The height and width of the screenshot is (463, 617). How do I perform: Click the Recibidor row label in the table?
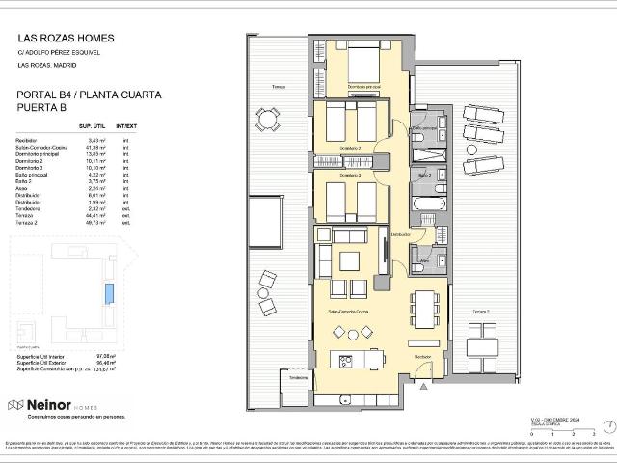[x=28, y=141]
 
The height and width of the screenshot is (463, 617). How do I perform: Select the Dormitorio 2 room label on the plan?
[x=351, y=147]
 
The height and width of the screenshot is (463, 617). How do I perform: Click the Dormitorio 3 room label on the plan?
[x=351, y=176]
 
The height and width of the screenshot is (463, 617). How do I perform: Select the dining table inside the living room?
[x=424, y=309]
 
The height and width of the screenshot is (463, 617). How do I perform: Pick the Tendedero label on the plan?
[x=297, y=377]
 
